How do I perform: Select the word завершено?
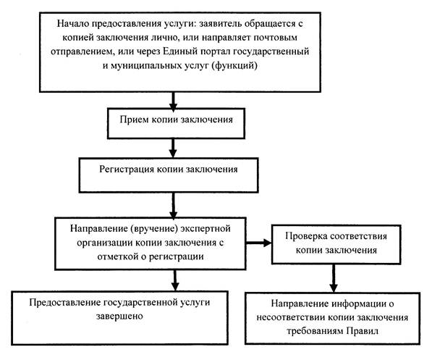tap(119, 316)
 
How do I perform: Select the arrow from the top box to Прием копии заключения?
tap(173, 101)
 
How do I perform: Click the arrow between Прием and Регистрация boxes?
tap(173, 148)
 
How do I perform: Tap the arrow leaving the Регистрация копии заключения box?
tap(173, 206)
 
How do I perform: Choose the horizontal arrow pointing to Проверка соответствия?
tap(259, 243)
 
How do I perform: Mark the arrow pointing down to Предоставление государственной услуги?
tap(175, 280)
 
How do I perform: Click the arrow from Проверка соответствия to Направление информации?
tap(334, 278)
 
